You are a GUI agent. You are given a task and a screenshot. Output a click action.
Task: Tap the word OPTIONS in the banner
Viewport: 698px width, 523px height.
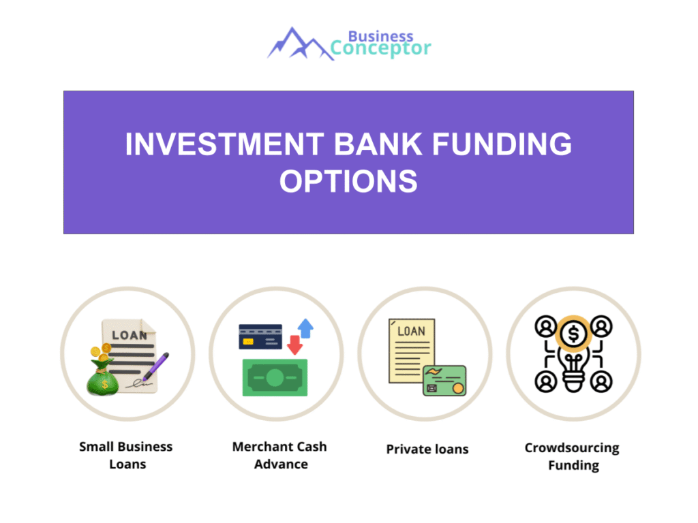348,181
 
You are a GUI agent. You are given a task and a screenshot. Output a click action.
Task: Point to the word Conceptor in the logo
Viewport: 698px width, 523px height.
381,48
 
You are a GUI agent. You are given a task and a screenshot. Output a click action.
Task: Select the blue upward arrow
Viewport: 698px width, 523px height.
305,328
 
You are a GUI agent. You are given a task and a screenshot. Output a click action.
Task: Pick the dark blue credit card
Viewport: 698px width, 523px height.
260,336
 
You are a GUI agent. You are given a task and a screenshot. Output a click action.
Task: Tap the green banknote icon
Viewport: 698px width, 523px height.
275,377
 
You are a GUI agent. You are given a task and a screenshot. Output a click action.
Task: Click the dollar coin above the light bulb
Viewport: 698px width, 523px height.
573,334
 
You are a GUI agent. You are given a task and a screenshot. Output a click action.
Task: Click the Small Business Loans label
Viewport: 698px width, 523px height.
126,456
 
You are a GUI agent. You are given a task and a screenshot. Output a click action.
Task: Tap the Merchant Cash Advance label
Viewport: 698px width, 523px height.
279,456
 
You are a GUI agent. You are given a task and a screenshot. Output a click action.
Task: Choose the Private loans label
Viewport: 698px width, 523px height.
427,449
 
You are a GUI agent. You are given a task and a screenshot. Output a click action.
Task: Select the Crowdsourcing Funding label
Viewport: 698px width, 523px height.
573,457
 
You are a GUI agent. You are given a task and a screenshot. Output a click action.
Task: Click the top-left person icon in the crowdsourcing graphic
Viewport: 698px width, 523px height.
545,328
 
